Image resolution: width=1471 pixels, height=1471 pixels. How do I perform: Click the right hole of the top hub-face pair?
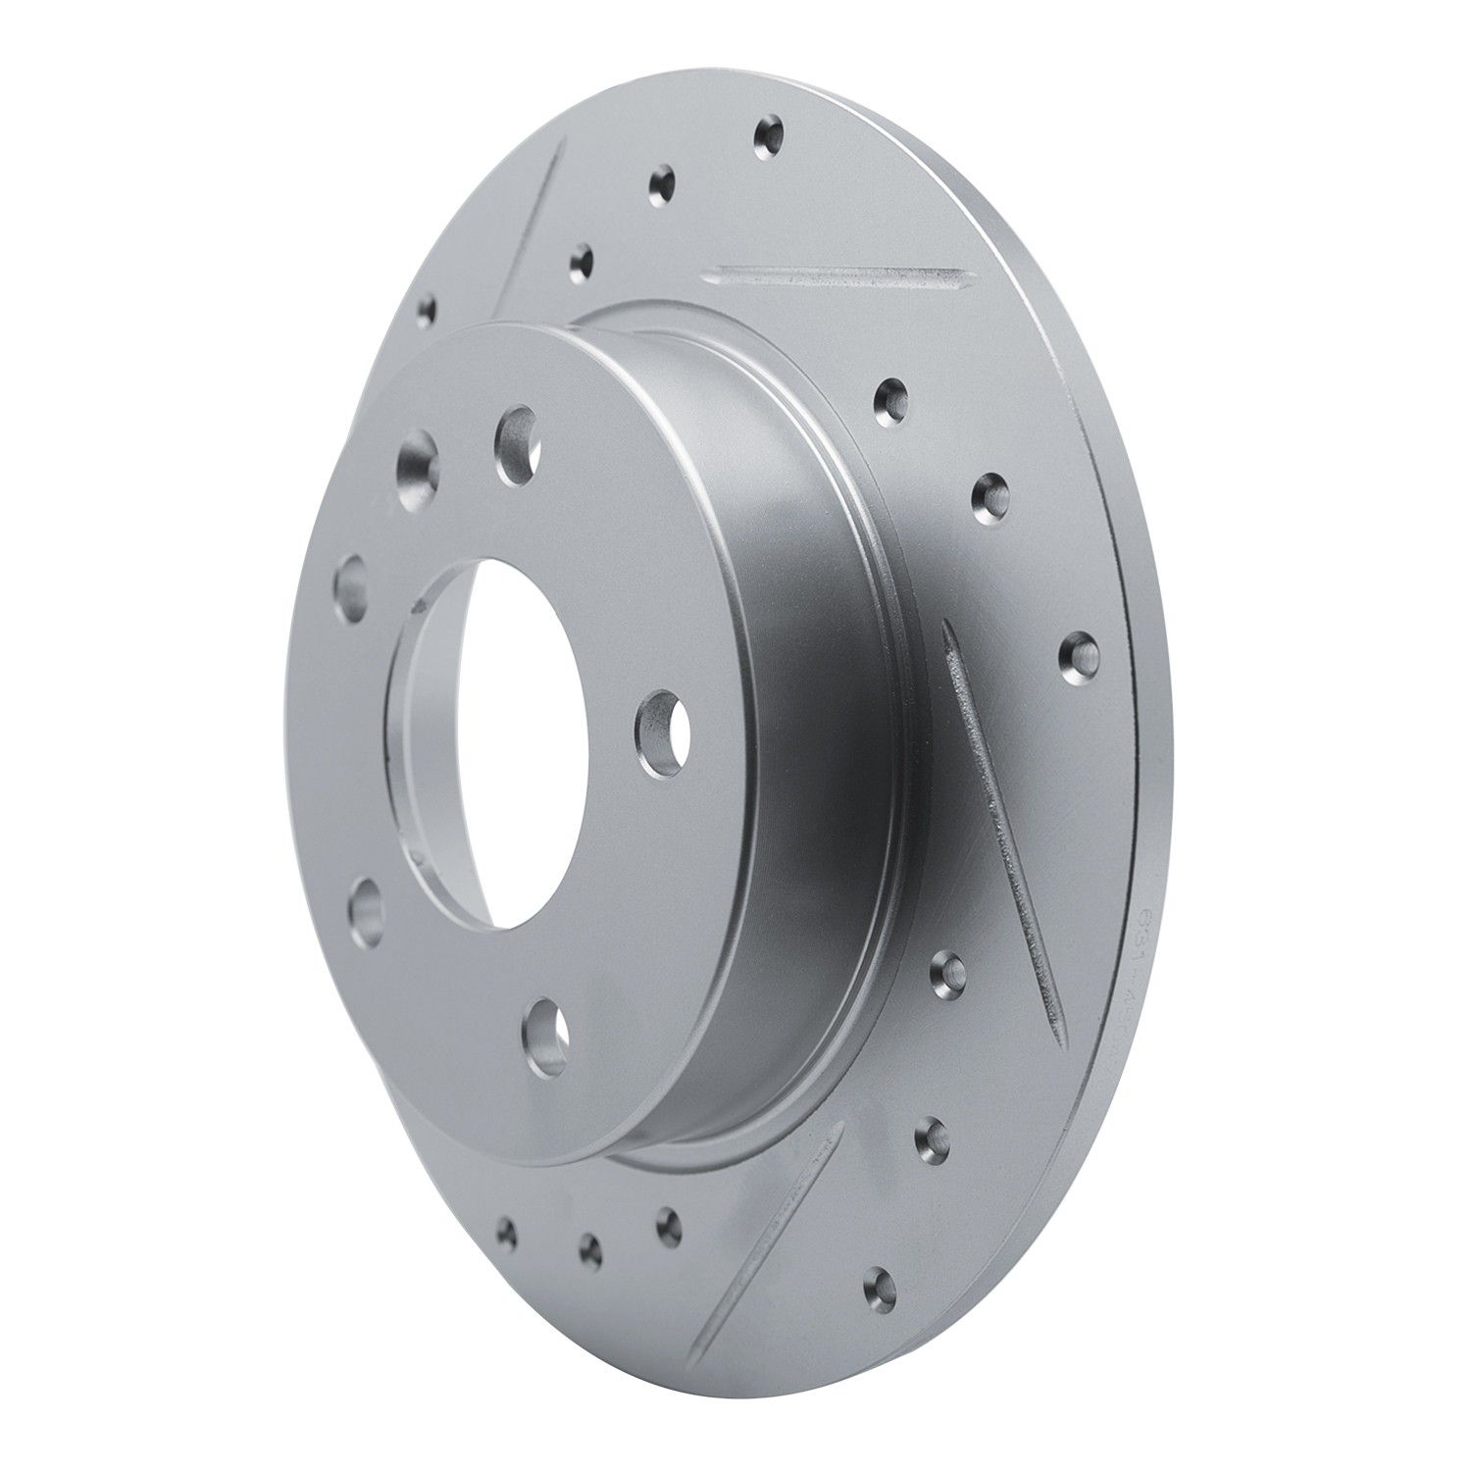(517, 443)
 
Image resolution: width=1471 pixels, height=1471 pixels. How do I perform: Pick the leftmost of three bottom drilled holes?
(507, 1230)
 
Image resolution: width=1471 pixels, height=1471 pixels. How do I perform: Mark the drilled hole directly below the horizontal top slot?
(891, 398)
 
